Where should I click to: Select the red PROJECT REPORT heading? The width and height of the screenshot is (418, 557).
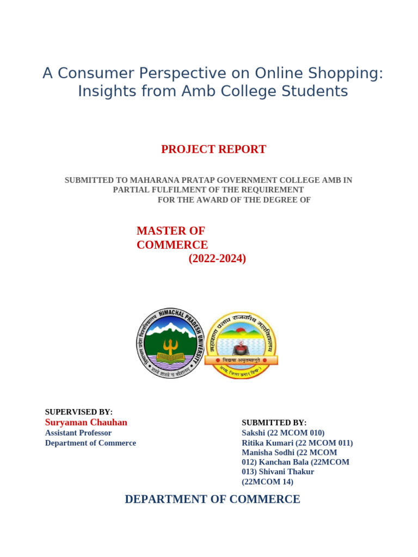coord(213,149)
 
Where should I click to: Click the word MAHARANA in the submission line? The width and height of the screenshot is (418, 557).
coord(179,180)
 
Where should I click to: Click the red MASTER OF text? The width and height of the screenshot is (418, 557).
coord(170,231)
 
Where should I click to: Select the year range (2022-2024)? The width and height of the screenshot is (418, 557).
coord(217,259)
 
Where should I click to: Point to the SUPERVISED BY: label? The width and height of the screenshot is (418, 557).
coord(78,412)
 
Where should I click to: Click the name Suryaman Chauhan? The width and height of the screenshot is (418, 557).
coord(86,423)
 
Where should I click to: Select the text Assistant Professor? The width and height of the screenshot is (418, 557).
coord(78,433)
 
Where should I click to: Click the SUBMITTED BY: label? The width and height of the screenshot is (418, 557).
coord(274,423)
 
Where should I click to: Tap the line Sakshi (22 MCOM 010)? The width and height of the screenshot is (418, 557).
coord(283,433)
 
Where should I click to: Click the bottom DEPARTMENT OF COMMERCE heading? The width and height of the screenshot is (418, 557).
coord(212,499)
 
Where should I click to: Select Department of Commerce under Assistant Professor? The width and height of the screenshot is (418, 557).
coord(90,443)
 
